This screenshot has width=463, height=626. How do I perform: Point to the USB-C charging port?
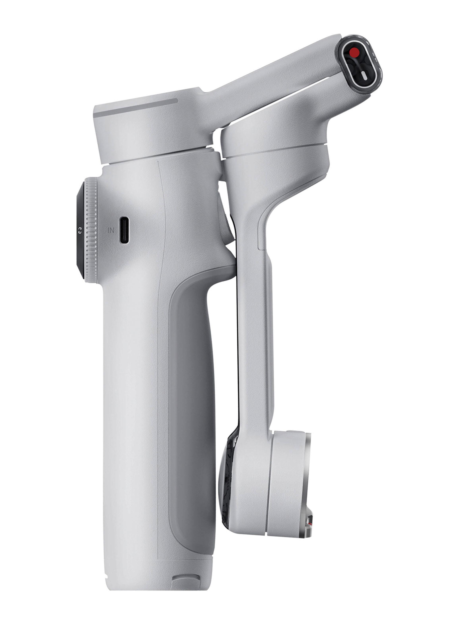tap(124, 230)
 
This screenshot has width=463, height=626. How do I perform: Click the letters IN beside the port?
tap(111, 230)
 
